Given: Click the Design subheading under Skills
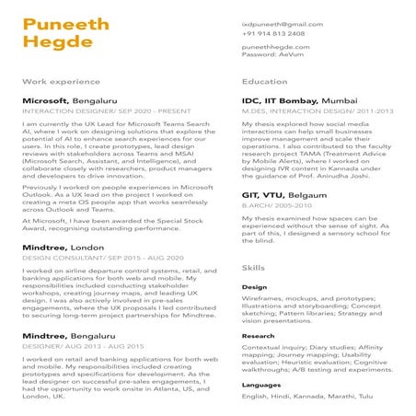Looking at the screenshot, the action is point(255,287).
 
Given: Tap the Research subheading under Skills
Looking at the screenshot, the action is point(259,336).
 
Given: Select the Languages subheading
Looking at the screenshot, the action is point(261,385).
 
